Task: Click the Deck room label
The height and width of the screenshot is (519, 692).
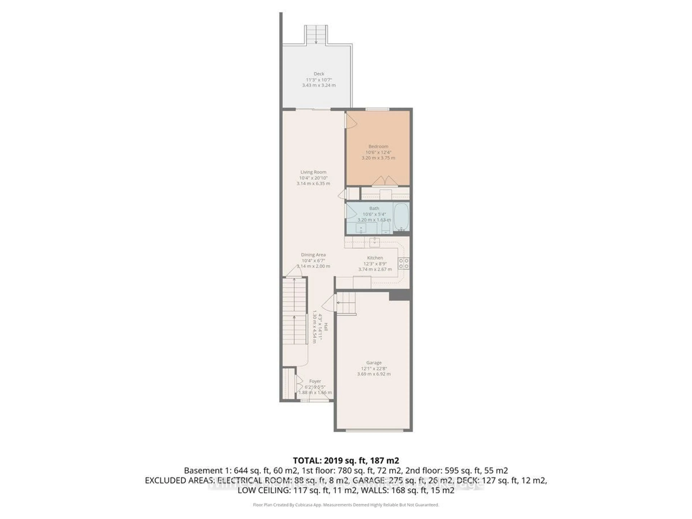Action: [x=319, y=74]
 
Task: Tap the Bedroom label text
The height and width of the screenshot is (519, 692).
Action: [x=378, y=146]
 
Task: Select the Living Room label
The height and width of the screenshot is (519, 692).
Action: [x=313, y=172]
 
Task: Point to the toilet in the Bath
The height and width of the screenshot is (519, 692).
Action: [x=386, y=227]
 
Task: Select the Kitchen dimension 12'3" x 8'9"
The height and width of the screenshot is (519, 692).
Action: [x=375, y=264]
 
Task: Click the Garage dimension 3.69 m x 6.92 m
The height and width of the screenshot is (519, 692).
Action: [x=374, y=374]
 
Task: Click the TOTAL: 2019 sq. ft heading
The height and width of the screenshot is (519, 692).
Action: [x=346, y=460]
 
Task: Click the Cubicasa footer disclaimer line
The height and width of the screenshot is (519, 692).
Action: [x=346, y=505]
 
